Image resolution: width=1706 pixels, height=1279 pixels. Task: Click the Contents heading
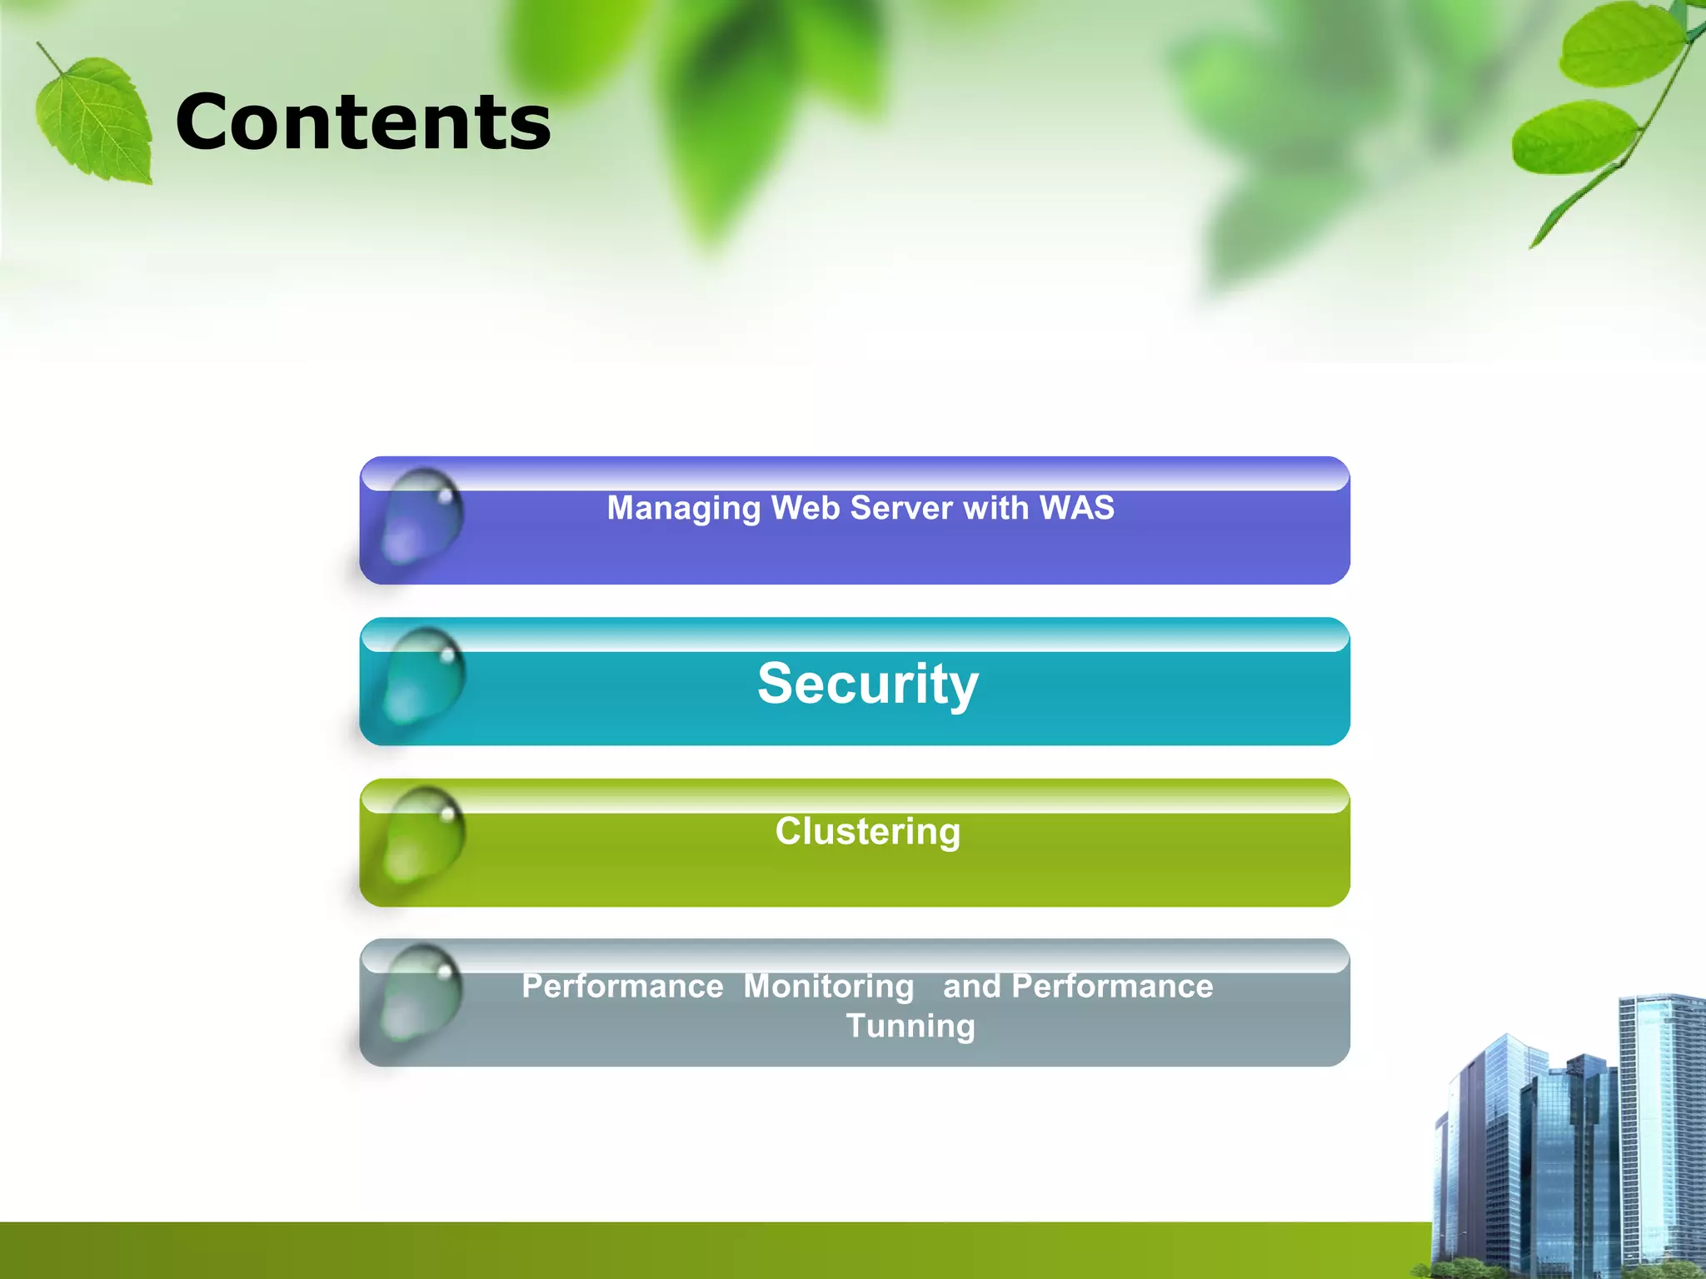[x=363, y=122]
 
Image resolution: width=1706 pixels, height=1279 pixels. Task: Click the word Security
[x=868, y=684]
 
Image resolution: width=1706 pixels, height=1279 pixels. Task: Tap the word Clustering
[x=868, y=831]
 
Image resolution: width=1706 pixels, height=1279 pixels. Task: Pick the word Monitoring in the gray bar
[x=829, y=987]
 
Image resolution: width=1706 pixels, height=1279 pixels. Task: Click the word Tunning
[x=910, y=1026]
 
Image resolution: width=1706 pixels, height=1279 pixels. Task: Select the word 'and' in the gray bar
[x=971, y=987]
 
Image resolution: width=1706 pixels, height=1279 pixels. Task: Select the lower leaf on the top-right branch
[x=1573, y=138]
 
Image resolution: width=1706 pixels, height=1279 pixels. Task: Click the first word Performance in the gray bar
[x=622, y=987]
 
